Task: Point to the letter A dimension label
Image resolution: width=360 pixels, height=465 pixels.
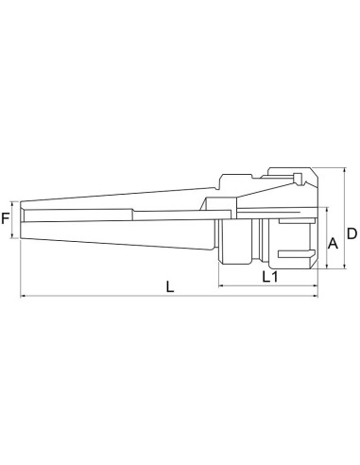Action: [x=332, y=243]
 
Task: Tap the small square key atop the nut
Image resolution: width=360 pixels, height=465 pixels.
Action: [x=297, y=181]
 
